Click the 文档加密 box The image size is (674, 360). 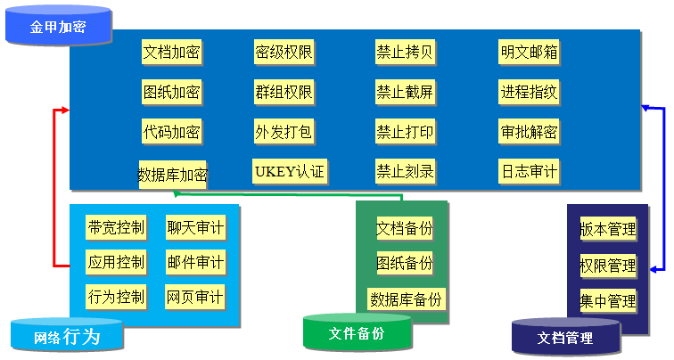171,52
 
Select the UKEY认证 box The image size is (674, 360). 289,169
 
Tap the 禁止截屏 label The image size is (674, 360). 405,92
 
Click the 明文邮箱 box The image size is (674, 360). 529,52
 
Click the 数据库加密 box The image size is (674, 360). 173,173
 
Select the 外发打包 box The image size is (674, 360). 284,132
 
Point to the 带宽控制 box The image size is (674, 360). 116,228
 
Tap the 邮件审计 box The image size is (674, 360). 195,263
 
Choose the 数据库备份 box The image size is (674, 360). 406,299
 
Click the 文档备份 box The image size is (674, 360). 405,228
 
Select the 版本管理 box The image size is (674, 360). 608,229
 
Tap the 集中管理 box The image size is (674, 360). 608,299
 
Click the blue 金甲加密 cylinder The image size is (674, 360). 58,27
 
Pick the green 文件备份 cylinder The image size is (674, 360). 357,332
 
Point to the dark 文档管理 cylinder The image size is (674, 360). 565,337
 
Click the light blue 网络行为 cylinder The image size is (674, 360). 67,336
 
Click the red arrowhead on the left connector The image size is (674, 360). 63,110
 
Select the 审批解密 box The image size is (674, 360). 529,132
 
